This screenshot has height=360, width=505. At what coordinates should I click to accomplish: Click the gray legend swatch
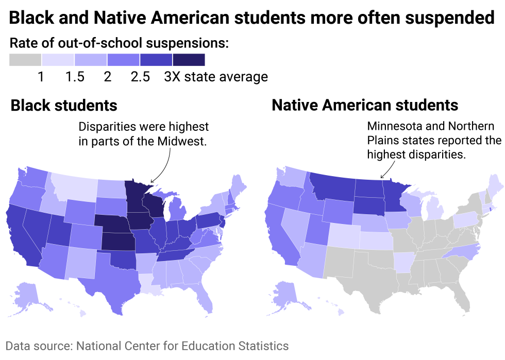click(25, 60)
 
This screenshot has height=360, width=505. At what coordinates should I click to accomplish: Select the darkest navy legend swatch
click(189, 60)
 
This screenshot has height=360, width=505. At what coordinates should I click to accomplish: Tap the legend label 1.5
click(75, 77)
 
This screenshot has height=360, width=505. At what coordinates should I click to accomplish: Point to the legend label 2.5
click(140, 77)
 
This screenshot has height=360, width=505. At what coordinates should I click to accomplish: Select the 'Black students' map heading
click(64, 106)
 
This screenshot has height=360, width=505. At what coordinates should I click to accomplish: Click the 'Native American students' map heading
click(364, 105)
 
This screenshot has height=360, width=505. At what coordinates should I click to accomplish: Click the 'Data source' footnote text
click(147, 346)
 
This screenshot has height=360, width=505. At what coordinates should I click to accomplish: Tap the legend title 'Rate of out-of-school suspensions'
click(119, 43)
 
